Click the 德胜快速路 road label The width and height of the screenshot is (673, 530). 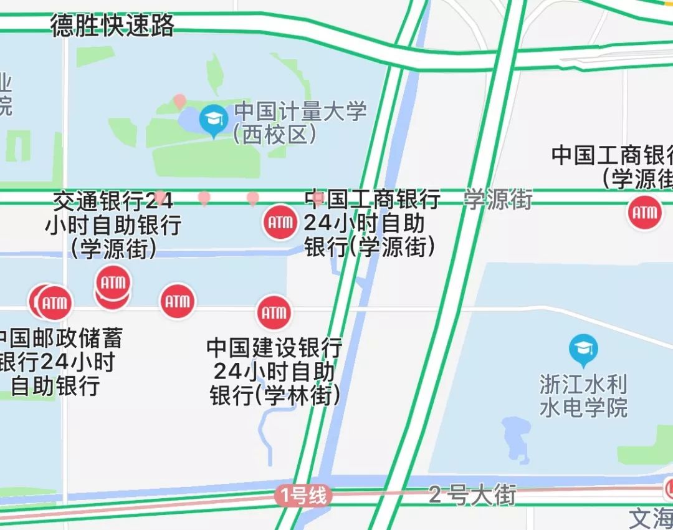pos(113,26)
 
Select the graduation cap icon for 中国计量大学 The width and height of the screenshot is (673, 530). pos(213,119)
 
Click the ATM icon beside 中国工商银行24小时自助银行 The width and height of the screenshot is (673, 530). pos(279,222)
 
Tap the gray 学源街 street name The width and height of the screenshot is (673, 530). pos(498,200)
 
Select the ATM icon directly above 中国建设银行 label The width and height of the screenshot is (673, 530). pos(274,312)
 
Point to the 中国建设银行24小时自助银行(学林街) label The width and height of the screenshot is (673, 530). pos(275,372)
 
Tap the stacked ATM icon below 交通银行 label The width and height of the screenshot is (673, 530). pos(113,286)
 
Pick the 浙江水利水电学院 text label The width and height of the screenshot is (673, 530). pos(583,396)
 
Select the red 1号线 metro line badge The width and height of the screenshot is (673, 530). pos(303,496)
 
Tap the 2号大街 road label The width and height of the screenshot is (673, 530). pos(472,495)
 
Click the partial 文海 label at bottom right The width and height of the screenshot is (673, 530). pos(651,518)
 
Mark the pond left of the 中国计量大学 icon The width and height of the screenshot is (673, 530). pos(189,118)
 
